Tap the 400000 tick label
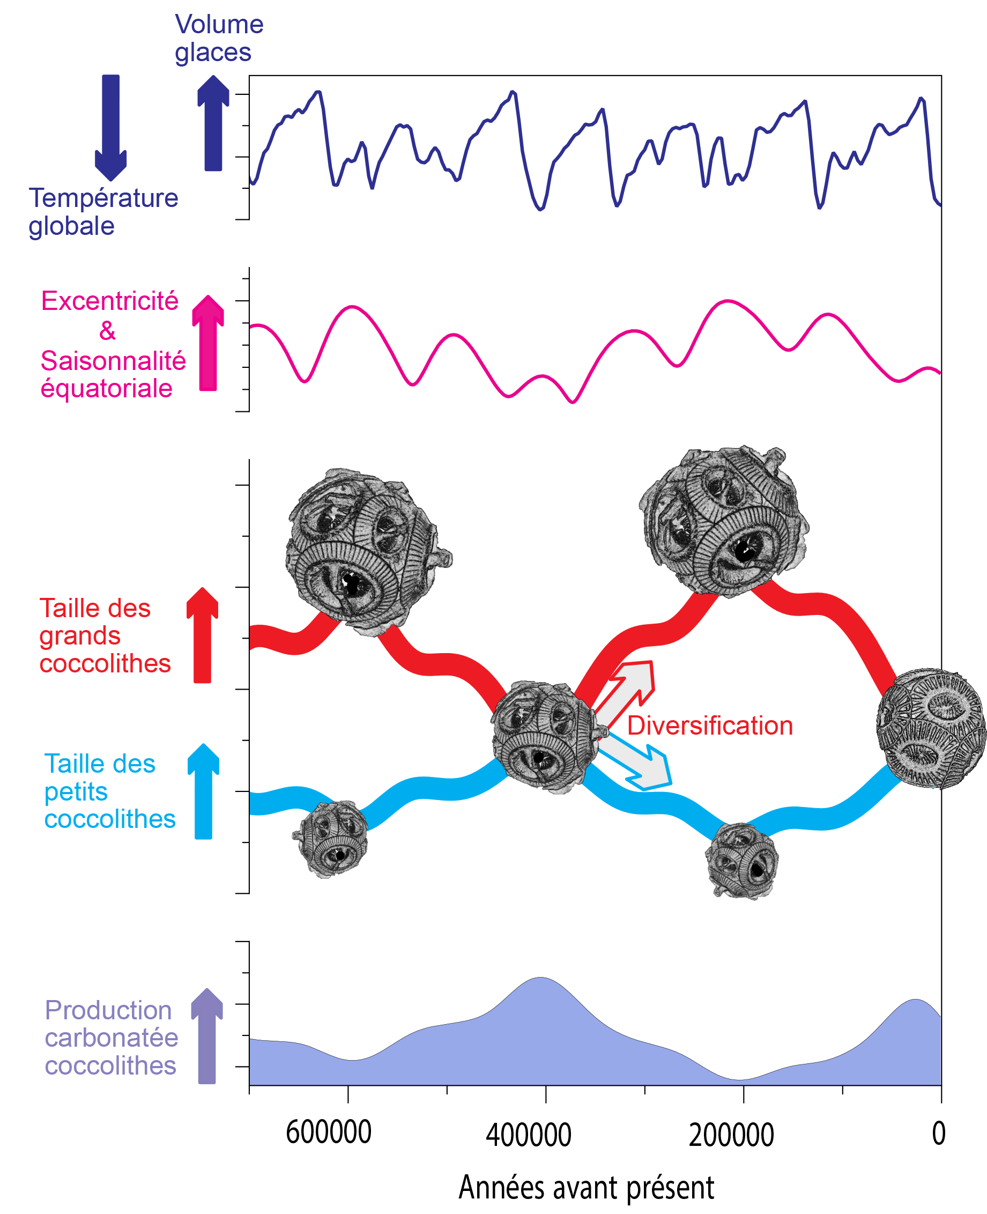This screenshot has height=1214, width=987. [528, 1135]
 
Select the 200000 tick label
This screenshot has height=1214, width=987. [731, 1135]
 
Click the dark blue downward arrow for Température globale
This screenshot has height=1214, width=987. [111, 128]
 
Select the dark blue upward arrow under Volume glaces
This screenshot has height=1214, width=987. [213, 123]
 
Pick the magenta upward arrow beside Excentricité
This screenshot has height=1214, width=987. [208, 343]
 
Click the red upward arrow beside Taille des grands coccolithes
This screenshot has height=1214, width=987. [203, 635]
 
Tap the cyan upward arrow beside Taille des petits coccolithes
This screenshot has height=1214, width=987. [204, 791]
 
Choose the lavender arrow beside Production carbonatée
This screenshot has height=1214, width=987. [207, 1036]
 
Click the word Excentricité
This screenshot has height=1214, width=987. [110, 301]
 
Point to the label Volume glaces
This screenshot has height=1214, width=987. [219, 38]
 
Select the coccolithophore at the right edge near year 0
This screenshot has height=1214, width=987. [931, 729]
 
